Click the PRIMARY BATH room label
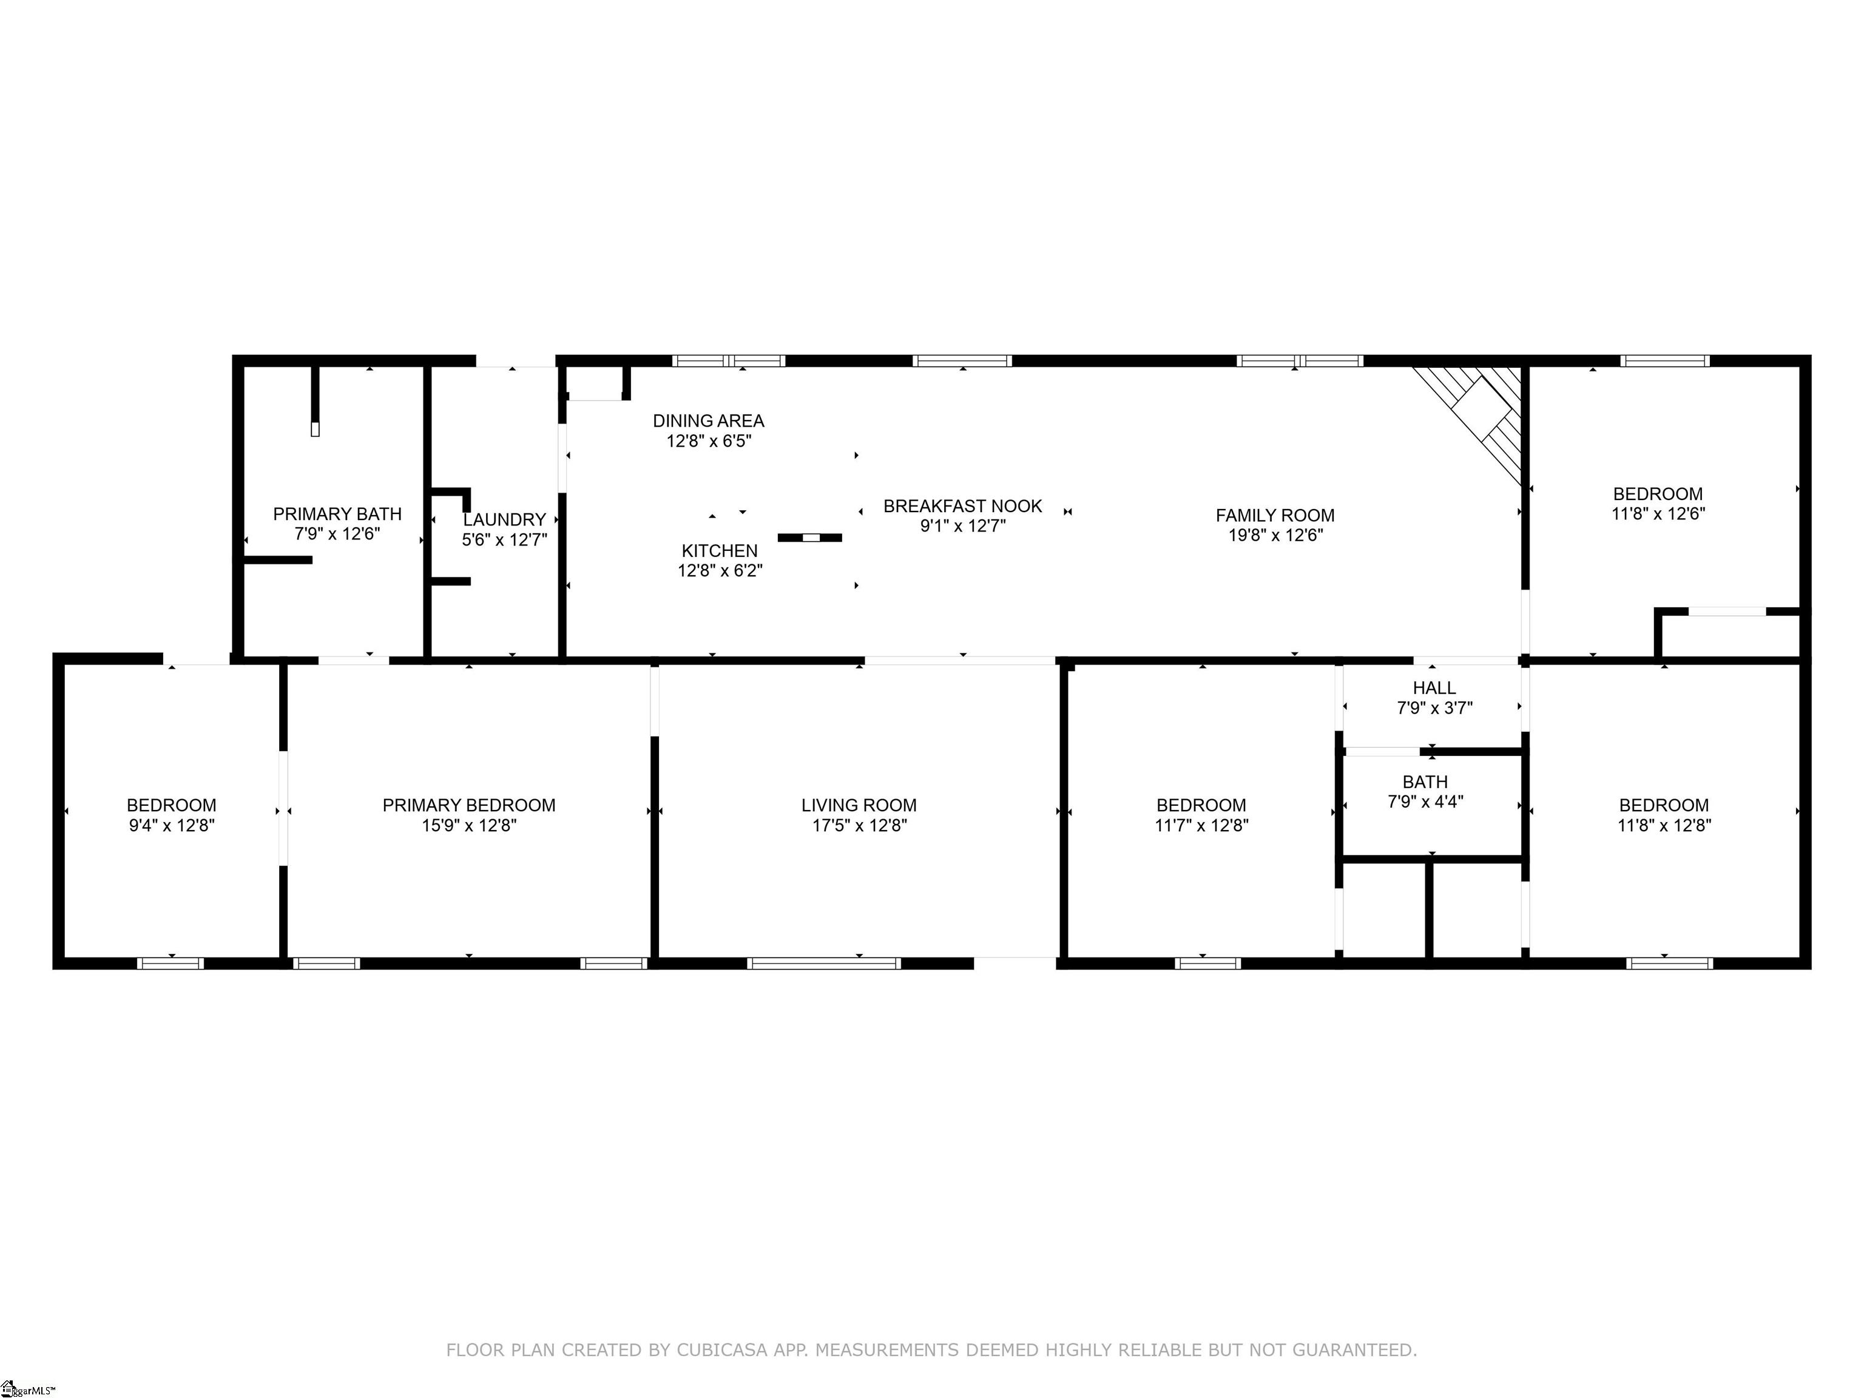pos(337,514)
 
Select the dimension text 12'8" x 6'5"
pos(709,441)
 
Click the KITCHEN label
pos(720,551)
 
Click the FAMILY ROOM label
pos(1274,516)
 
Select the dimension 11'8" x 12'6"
pos(1658,514)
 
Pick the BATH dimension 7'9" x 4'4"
pos(1425,802)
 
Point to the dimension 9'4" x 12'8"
pos(172,826)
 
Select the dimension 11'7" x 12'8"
pos(1201,826)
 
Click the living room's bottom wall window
pos(823,963)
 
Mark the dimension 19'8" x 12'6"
pos(1275,535)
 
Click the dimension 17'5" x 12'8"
pos(859,826)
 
